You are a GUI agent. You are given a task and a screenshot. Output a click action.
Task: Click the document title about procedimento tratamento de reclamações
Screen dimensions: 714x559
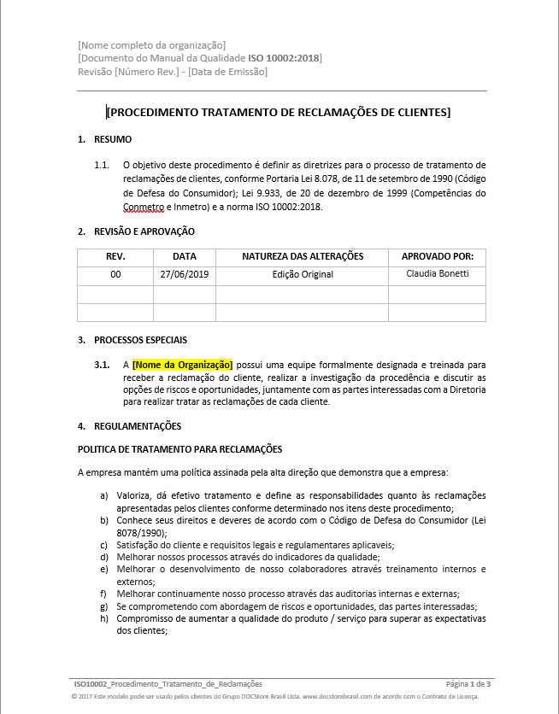click(x=279, y=112)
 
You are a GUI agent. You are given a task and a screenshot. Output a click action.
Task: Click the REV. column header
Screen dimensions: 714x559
click(x=115, y=256)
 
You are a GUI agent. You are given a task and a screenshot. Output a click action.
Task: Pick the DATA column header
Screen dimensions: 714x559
click(x=184, y=256)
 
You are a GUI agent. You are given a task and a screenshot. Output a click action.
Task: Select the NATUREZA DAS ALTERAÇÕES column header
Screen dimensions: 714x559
click(x=303, y=256)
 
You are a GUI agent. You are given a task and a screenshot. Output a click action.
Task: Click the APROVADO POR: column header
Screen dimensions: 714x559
click(x=438, y=256)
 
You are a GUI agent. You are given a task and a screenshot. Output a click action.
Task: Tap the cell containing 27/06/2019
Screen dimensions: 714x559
click(x=184, y=275)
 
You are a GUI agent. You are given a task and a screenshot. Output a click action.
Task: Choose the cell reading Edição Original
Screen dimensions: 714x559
click(x=303, y=275)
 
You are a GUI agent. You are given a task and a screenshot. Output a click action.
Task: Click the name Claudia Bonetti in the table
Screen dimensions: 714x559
click(x=438, y=274)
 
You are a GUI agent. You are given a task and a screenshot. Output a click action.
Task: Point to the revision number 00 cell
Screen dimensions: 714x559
click(x=115, y=275)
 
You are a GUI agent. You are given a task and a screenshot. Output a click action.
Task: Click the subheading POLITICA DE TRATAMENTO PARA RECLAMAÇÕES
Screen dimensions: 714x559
click(x=179, y=449)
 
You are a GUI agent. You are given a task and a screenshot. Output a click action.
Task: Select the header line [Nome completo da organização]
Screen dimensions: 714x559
click(x=151, y=44)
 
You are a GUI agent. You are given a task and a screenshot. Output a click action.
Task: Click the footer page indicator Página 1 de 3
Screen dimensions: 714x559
click(x=468, y=684)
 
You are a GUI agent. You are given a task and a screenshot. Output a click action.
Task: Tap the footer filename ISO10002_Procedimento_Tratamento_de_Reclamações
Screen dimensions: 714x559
click(x=168, y=684)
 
